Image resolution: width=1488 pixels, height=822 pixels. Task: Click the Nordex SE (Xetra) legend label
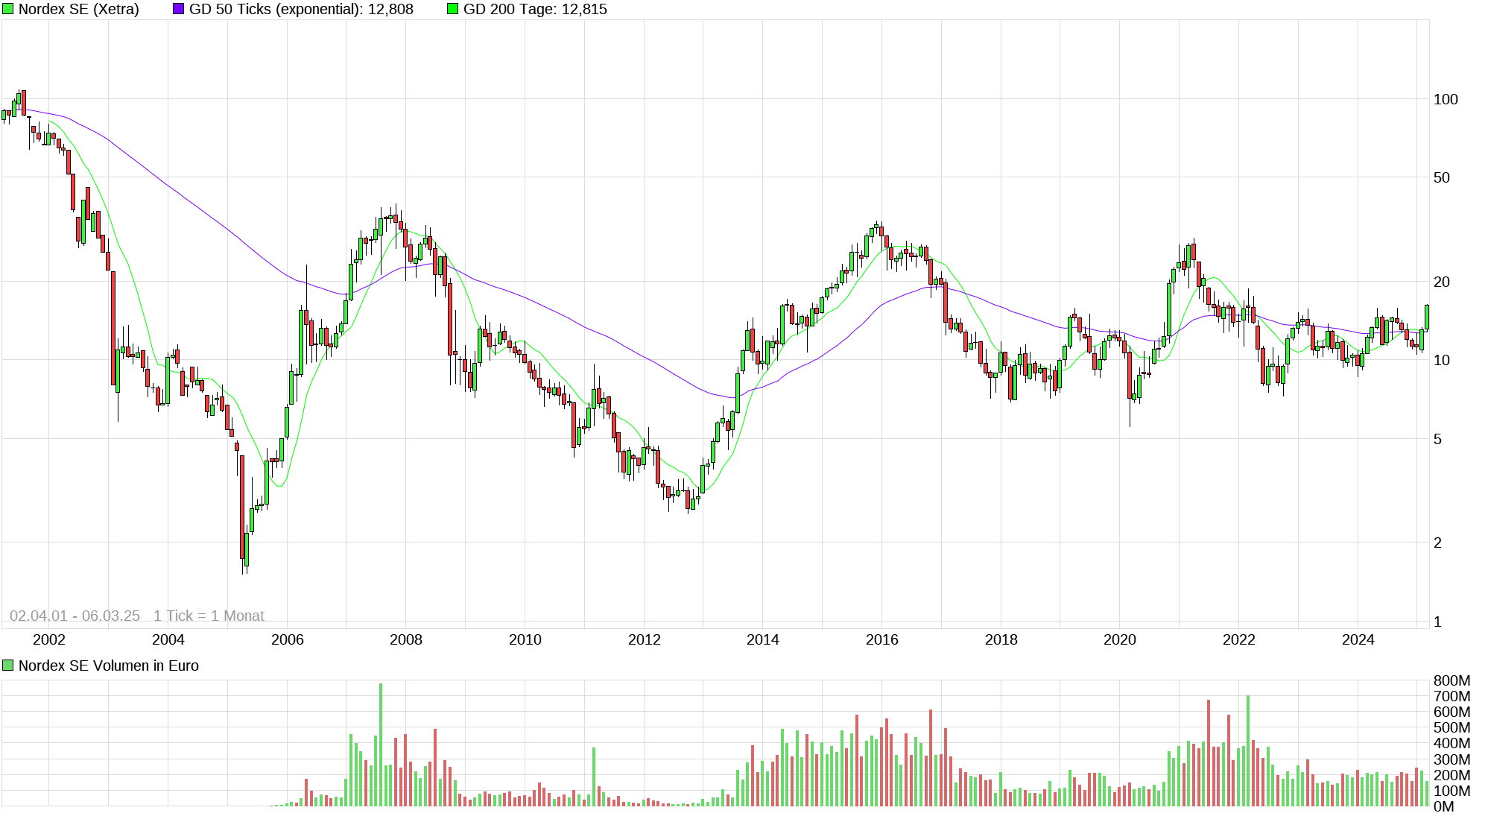click(x=78, y=10)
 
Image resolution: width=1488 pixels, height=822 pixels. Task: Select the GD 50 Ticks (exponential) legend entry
click(x=300, y=10)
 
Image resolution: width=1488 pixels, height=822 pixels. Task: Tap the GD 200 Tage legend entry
click(x=534, y=10)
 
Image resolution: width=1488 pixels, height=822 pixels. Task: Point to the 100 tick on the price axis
click(x=1446, y=99)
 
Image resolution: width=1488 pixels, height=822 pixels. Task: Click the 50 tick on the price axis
click(x=1442, y=177)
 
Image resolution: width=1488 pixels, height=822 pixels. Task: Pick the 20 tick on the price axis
click(x=1442, y=282)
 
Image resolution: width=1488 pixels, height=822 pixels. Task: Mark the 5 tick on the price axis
click(x=1437, y=439)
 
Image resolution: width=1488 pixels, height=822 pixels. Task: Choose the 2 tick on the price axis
click(x=1437, y=543)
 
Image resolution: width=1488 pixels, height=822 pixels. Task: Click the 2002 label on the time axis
click(x=49, y=639)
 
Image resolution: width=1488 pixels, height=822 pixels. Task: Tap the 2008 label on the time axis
click(x=406, y=639)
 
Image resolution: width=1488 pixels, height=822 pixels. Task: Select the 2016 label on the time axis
click(x=881, y=639)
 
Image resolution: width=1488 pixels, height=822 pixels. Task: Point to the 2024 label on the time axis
click(x=1358, y=639)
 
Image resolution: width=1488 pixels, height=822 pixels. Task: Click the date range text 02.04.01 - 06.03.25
click(x=75, y=616)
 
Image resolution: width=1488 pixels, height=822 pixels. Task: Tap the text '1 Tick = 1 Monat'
click(x=209, y=616)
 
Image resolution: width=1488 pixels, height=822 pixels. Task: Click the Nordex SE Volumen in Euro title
click(x=108, y=665)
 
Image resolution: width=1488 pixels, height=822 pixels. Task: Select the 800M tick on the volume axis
click(x=1451, y=680)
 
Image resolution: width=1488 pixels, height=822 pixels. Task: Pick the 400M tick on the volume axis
click(x=1451, y=743)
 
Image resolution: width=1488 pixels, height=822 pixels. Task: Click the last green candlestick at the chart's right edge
click(x=1427, y=317)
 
